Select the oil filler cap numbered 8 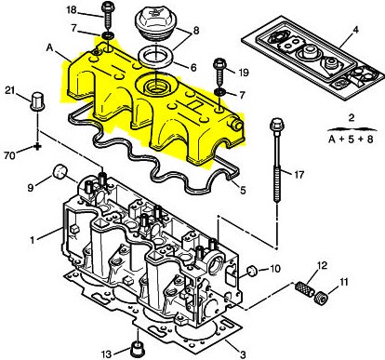[153, 24]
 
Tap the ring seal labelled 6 [156, 56]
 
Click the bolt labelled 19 [220, 72]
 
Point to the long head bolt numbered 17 [276, 160]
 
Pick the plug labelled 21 [37, 100]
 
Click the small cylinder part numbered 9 [60, 172]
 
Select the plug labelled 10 [252, 271]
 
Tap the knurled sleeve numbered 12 [305, 288]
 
